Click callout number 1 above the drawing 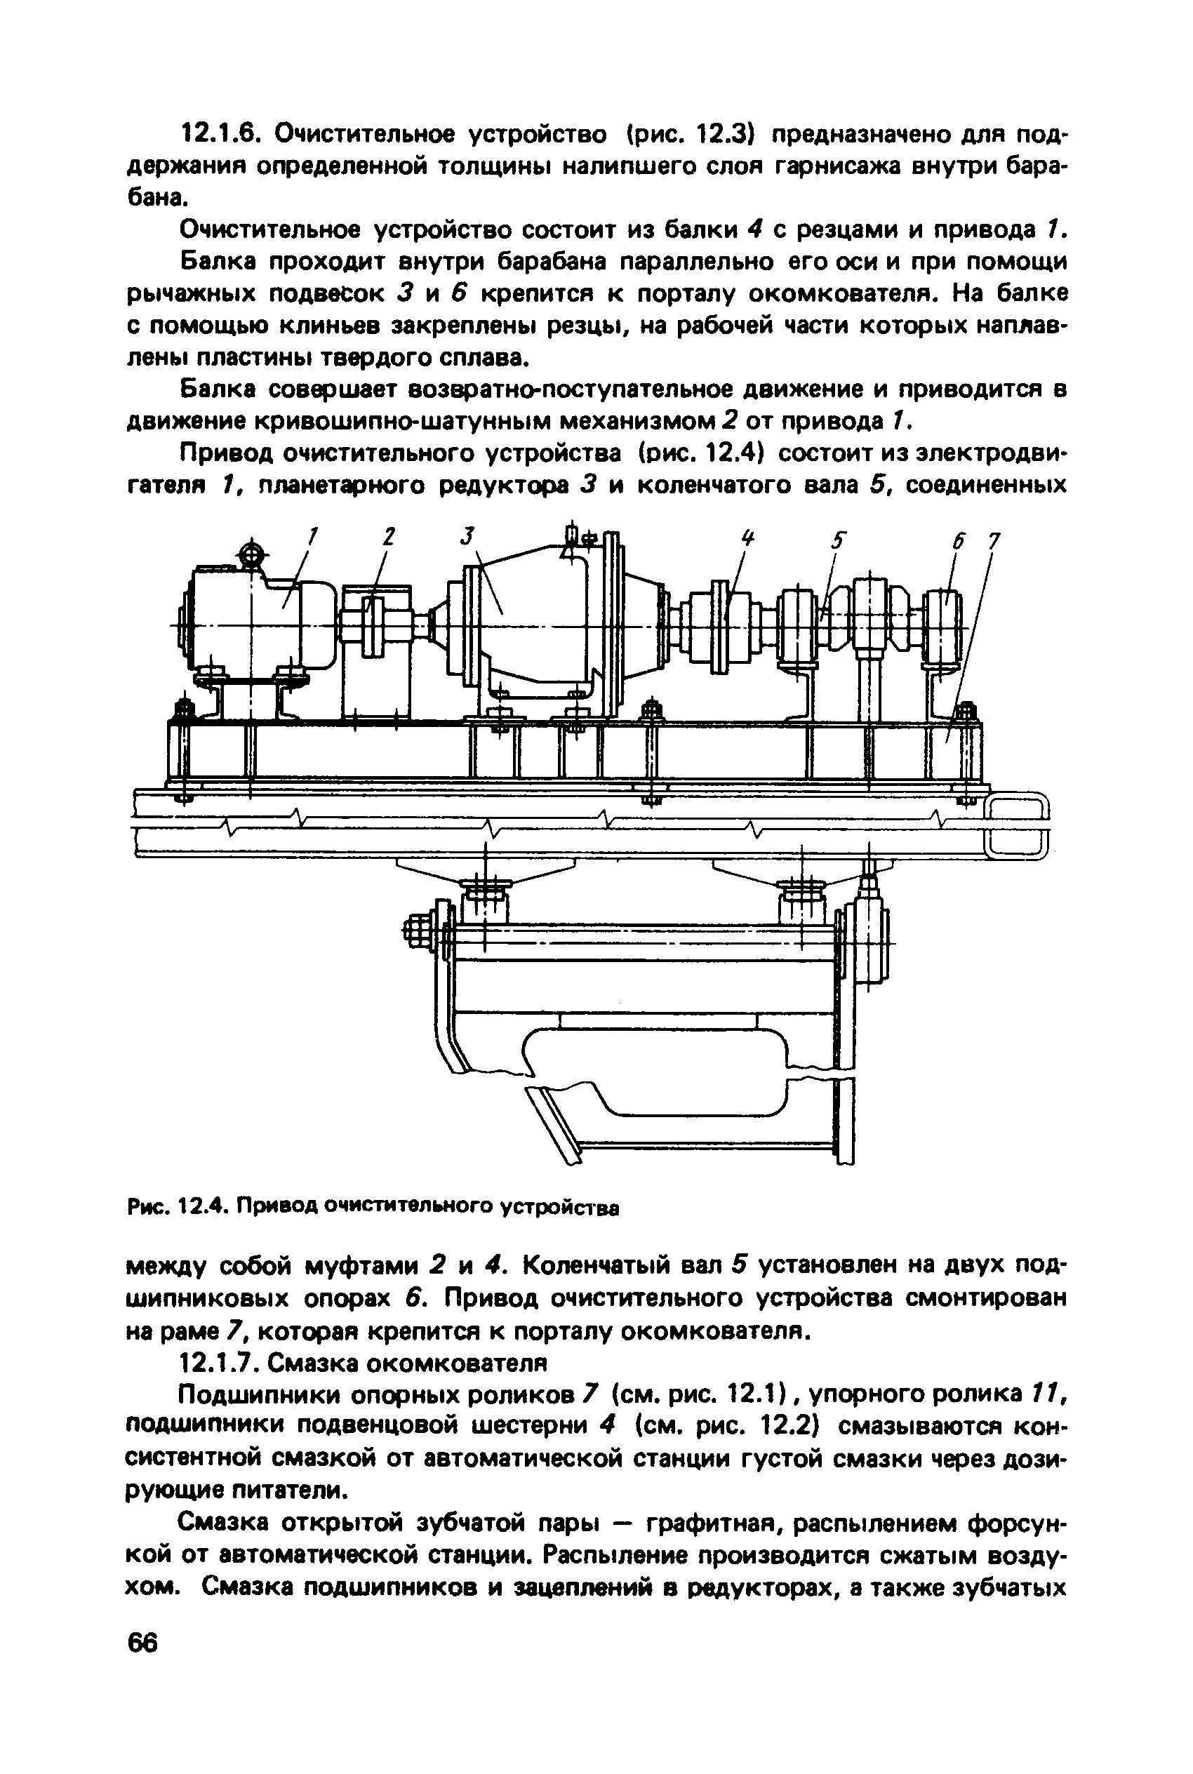coord(311,537)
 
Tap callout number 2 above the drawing coord(389,537)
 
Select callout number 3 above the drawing coord(467,537)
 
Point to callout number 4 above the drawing coord(748,540)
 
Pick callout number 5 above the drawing coord(838,541)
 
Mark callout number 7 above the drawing coord(992,542)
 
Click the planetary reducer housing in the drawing coord(533,624)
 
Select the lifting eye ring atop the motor coord(251,553)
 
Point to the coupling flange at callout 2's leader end coord(371,625)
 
